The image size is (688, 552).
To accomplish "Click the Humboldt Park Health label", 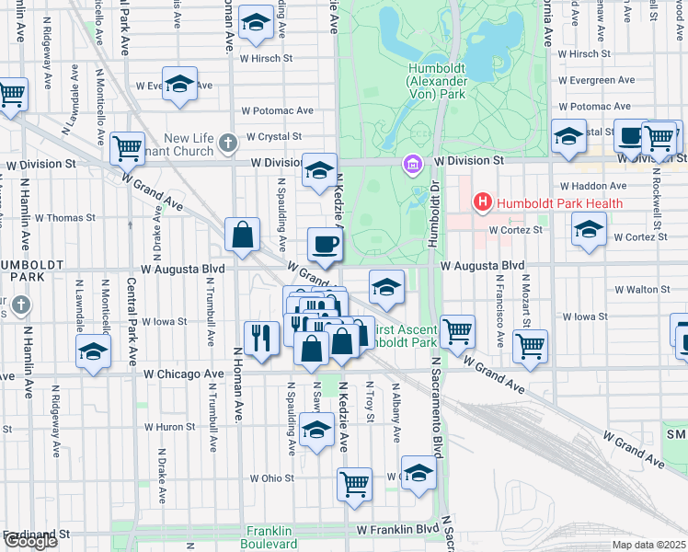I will (560, 202).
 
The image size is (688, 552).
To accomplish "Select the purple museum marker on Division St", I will (412, 165).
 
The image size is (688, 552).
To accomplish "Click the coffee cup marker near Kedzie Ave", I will (325, 245).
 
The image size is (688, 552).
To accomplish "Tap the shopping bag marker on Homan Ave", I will (243, 236).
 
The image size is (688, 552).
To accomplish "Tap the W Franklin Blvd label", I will (399, 530).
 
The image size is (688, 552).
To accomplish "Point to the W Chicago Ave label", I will (184, 374).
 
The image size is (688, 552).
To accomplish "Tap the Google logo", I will (30, 541).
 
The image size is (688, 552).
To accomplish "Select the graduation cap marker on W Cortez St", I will (589, 230).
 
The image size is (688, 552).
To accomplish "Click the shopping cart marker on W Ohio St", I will (354, 482).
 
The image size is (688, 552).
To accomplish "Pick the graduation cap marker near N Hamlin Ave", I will (93, 351).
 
